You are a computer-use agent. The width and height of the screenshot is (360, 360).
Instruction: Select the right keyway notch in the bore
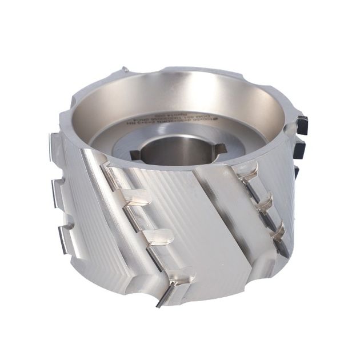click(219, 149)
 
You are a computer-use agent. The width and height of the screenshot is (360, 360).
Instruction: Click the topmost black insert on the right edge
click(302, 125)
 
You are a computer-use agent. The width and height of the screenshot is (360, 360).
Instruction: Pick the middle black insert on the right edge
click(300, 150)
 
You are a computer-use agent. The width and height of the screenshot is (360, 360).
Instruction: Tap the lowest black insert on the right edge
click(297, 171)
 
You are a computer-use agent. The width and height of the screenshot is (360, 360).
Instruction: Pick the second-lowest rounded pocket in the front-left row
click(158, 237)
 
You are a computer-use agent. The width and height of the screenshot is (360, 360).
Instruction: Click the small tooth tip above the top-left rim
click(124, 71)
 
